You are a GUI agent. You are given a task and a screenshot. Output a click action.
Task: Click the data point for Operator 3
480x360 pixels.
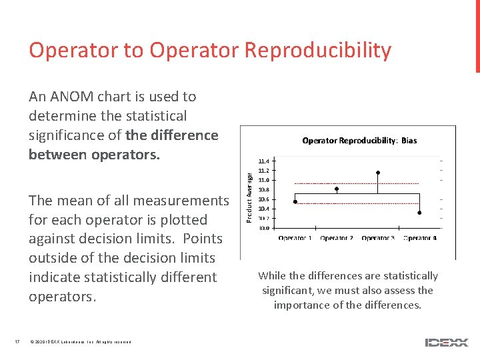tap(378, 173)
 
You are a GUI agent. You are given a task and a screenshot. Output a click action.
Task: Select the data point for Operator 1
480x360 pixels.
tap(295, 201)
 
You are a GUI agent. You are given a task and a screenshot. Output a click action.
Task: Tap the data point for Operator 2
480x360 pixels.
tap(337, 189)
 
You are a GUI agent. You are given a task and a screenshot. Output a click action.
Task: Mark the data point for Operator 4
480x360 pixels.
tap(419, 213)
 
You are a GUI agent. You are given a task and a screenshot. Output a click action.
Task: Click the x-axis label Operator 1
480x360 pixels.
tap(295, 238)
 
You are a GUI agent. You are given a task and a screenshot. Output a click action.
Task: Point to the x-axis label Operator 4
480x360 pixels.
tap(420, 238)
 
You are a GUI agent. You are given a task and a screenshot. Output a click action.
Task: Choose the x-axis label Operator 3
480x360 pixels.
tap(378, 238)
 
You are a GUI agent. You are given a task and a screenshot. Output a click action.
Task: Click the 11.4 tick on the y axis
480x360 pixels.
tap(264, 161)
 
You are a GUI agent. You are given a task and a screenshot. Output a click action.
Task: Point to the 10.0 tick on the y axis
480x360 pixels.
tap(264, 228)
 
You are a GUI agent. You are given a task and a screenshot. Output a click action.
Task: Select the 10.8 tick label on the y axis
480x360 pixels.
tap(264, 190)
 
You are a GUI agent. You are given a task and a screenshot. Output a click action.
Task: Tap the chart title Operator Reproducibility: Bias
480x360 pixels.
tap(359, 141)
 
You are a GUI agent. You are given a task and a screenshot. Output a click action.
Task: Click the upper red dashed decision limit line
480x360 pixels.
tap(357, 183)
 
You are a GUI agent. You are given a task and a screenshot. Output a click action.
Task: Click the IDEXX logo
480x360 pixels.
tap(446, 343)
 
